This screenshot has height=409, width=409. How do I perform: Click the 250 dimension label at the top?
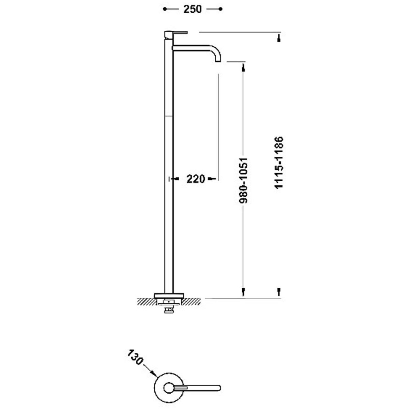192,9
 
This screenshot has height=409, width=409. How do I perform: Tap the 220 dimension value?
196,179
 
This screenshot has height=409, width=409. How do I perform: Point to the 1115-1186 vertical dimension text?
279,163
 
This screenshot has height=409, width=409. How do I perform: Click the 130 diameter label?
135,358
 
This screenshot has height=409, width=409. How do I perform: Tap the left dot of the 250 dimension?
165,9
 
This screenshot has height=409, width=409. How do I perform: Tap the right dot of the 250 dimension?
221,9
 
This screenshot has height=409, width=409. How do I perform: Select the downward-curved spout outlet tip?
218,60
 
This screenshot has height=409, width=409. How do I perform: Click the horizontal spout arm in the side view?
193,48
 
